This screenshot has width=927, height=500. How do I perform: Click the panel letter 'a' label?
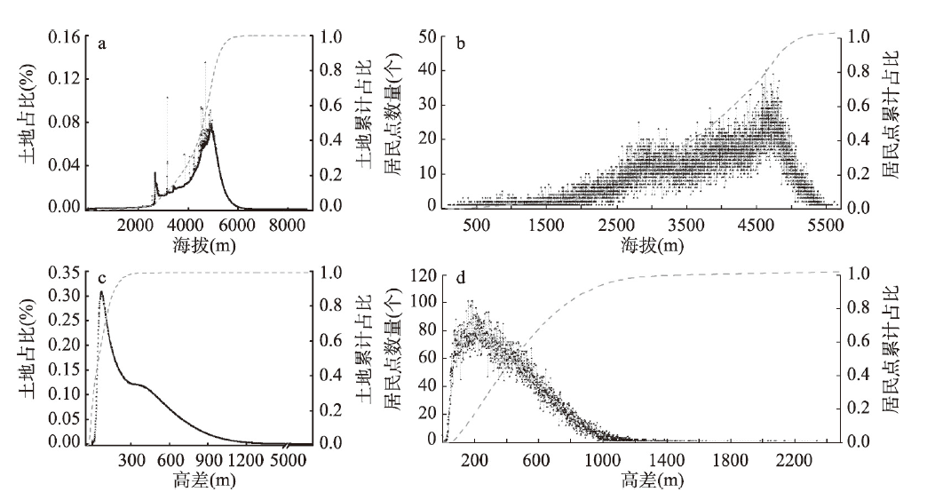103,44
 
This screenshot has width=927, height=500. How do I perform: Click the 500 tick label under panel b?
478,225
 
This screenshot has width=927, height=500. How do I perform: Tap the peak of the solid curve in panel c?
101,292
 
